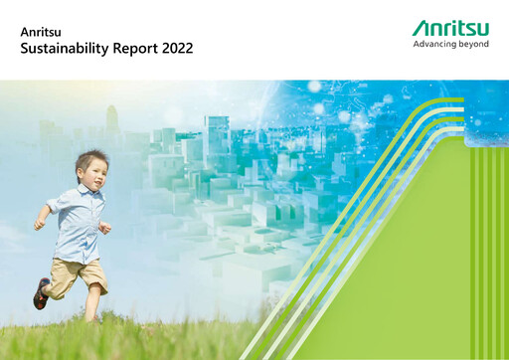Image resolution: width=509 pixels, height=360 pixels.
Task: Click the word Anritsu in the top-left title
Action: tap(39, 31)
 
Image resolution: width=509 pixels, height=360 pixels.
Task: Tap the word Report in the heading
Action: tap(136, 48)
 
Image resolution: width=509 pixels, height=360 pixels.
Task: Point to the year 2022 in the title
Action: tap(177, 48)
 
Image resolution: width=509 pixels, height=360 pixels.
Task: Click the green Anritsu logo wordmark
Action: tap(450, 29)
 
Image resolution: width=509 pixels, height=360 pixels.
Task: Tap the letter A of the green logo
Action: tap(421, 29)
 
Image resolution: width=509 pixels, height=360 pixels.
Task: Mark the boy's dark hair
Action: tap(89, 160)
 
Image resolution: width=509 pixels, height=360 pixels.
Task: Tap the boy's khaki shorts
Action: tap(77, 271)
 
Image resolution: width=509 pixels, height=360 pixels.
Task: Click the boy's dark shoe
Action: tap(41, 293)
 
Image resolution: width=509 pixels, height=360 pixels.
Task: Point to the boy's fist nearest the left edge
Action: tap(39, 225)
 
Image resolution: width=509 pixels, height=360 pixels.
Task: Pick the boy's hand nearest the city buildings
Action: tap(105, 228)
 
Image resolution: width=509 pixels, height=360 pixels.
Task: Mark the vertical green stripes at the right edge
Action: tap(488, 249)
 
